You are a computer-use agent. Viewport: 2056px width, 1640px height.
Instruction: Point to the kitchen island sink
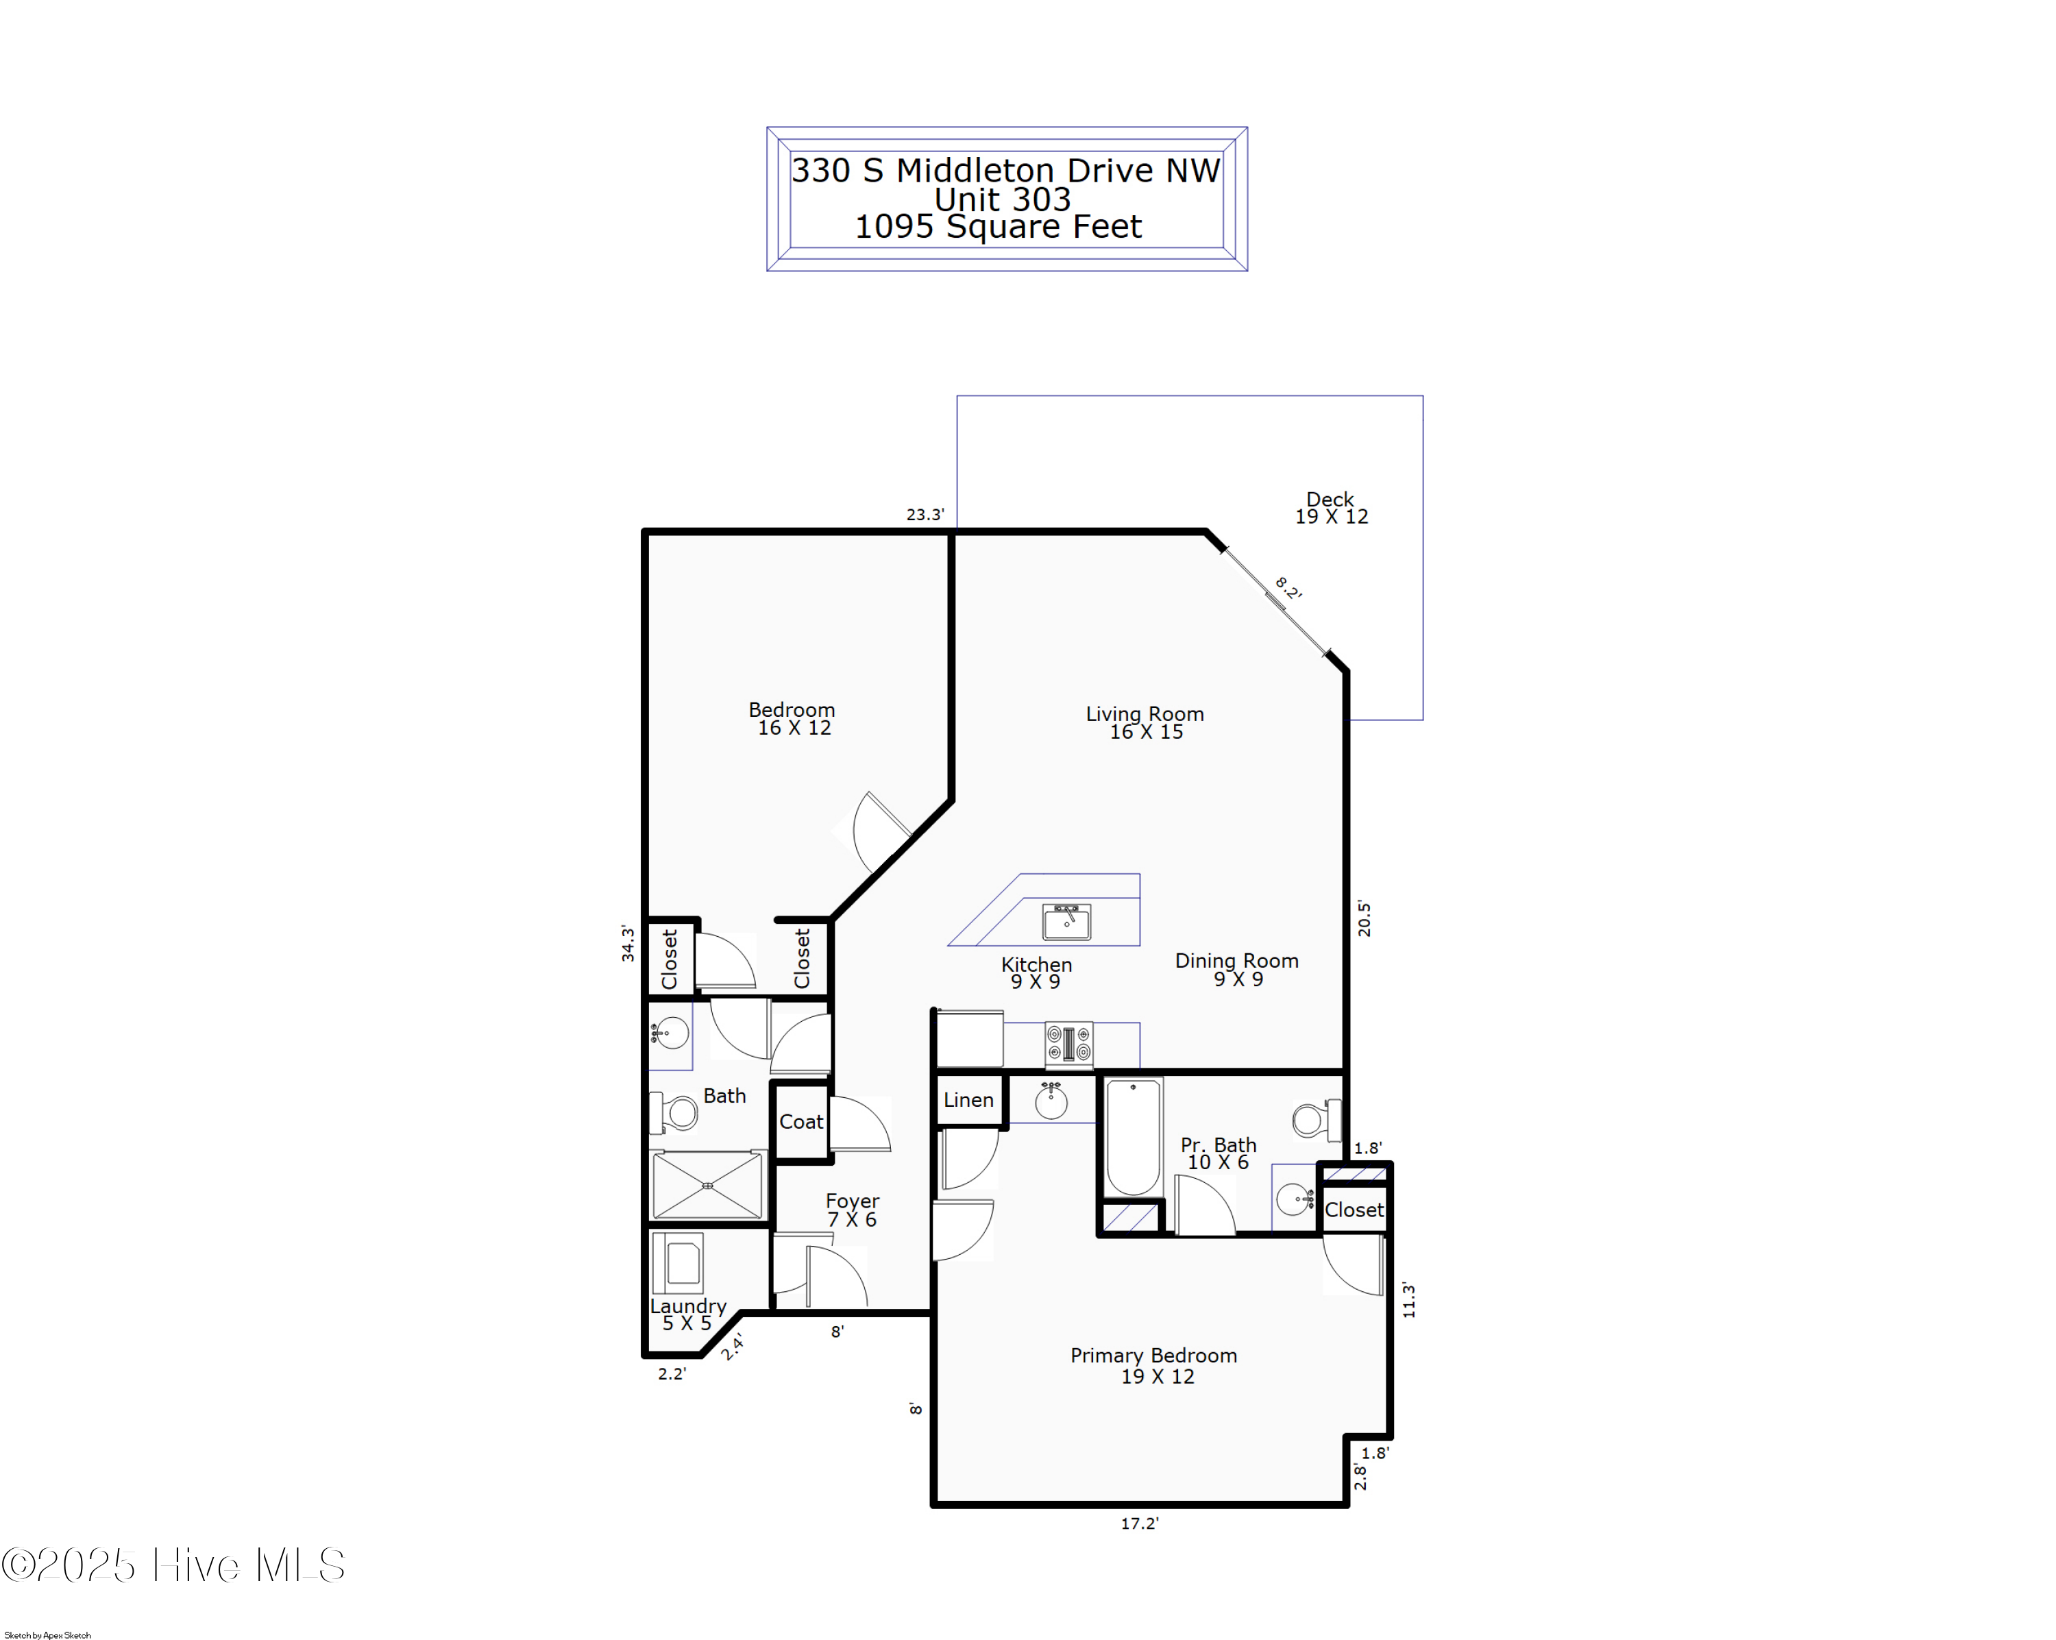pos(1066,921)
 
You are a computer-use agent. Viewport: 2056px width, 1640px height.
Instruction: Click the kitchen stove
pos(1068,1043)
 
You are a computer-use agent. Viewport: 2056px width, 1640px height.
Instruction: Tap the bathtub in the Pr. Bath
pos(1133,1136)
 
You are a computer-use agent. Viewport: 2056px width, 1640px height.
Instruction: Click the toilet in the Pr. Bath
pos(1316,1119)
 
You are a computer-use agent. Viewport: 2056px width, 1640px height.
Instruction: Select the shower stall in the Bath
pos(707,1185)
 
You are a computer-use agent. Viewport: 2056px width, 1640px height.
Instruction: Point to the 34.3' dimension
pos(628,943)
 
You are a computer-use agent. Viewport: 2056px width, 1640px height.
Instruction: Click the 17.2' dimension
pos(1140,1523)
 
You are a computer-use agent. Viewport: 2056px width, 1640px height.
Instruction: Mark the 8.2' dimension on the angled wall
pos(1288,588)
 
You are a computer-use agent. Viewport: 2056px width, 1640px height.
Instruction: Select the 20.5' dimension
pos(1364,919)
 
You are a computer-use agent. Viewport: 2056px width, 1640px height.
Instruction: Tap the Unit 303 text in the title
pos(1002,199)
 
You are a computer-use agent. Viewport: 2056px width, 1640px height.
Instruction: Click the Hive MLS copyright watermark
pos(173,1565)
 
